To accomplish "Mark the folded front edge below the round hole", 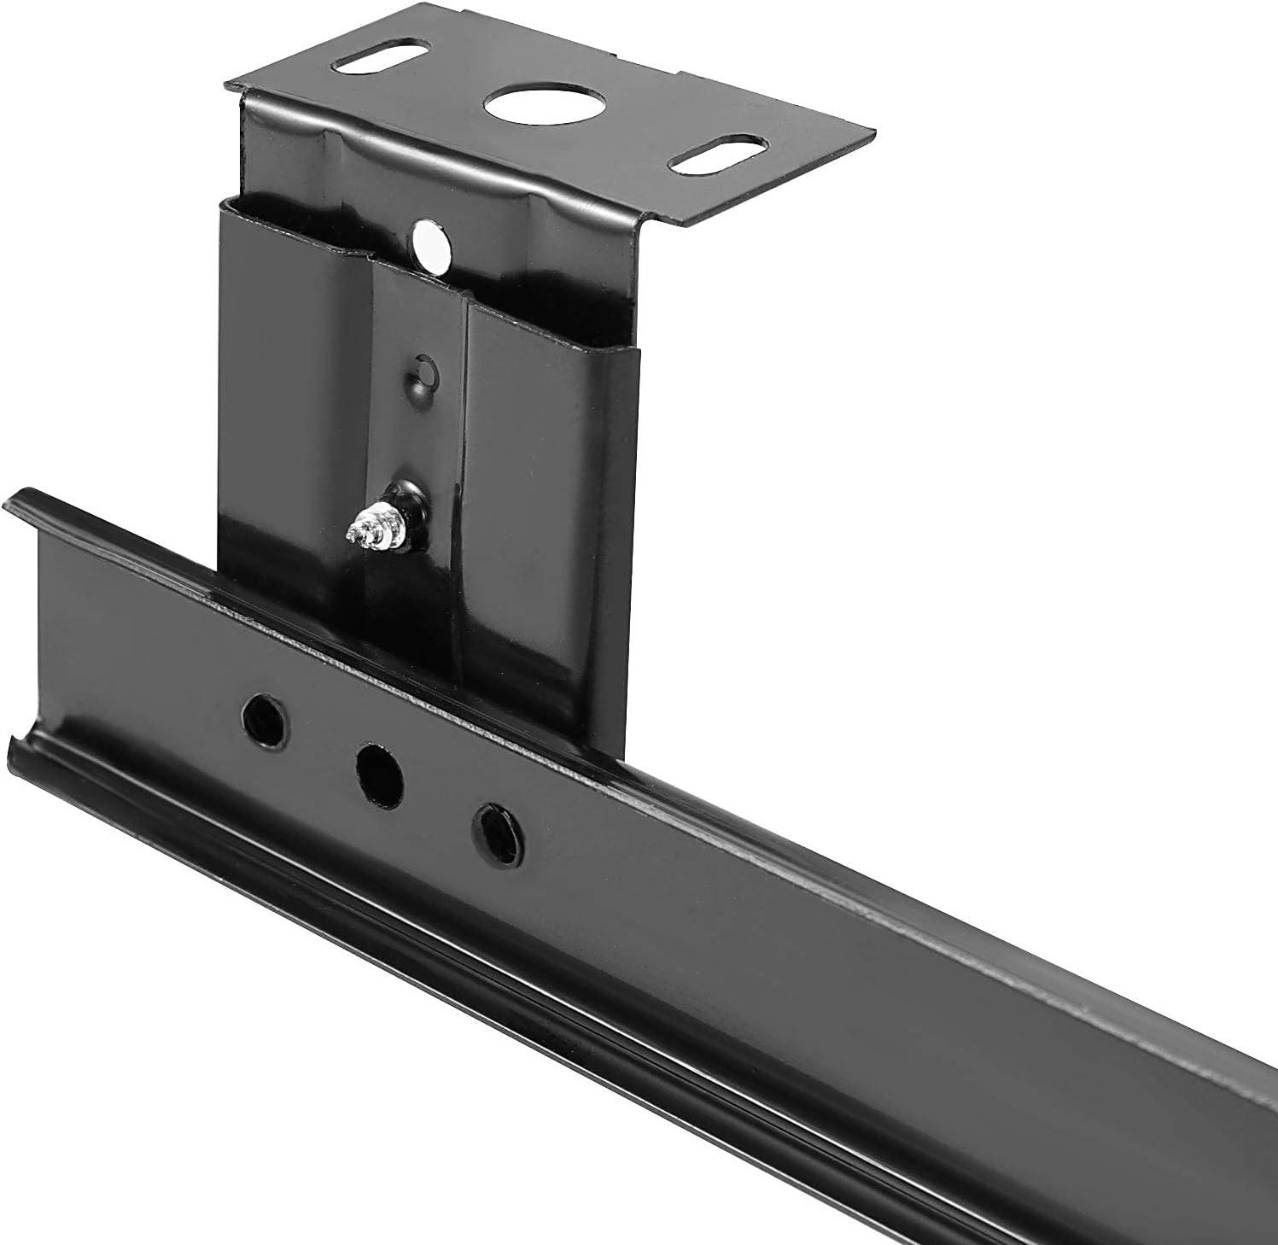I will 478,158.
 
